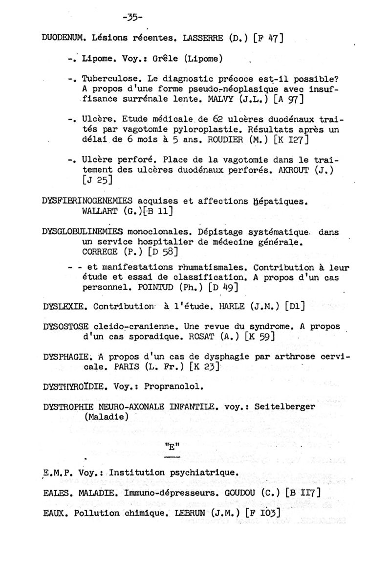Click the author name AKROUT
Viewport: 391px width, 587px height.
tap(304, 172)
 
